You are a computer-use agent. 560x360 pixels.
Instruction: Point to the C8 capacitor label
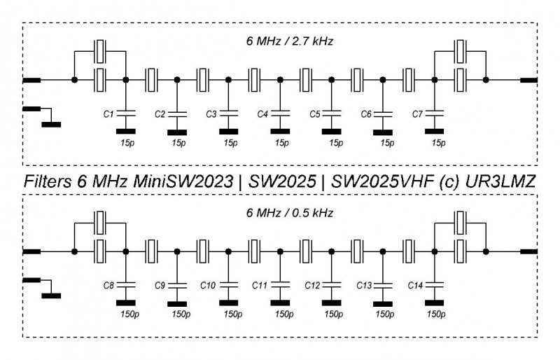[x=108, y=285]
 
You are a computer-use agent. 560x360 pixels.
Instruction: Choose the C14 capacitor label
[x=415, y=285]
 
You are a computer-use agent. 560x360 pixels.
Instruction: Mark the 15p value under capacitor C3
[x=230, y=143]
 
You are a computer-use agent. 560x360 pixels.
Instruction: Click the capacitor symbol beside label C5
[x=331, y=112]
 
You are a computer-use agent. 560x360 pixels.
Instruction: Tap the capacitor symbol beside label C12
[x=331, y=284]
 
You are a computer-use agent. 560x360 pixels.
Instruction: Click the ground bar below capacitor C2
[x=177, y=130]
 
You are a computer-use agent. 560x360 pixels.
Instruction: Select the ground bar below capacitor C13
[x=382, y=303]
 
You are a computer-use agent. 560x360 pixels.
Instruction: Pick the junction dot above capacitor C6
[x=382, y=81]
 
